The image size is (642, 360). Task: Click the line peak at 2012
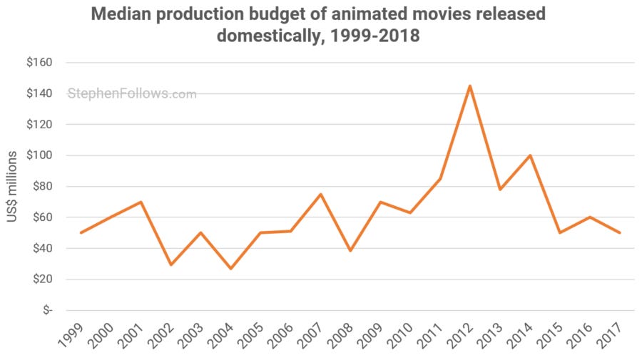[x=469, y=86]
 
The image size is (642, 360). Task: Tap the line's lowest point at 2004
[x=230, y=268]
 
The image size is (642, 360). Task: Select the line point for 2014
[x=529, y=155]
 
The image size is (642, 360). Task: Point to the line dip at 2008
[x=350, y=251]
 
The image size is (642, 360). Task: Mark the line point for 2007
[x=320, y=194]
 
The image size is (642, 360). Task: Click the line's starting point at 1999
[x=81, y=232]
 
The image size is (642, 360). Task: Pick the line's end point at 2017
[x=619, y=232]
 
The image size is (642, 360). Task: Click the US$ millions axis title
[x=13, y=186]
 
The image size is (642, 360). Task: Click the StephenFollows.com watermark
[x=132, y=93]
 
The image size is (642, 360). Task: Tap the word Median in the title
[x=121, y=14]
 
